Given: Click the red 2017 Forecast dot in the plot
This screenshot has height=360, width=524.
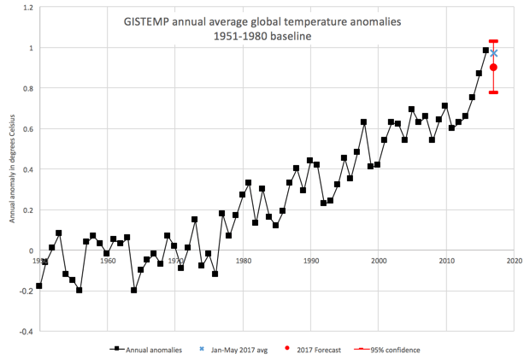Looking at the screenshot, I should (493, 68).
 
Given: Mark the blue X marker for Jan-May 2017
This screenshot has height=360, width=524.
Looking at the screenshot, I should (493, 54).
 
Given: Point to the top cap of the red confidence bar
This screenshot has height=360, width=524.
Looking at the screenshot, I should (493, 41).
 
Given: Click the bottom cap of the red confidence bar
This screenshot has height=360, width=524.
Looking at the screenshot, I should (493, 92).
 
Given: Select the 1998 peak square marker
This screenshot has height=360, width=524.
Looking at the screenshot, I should (364, 122).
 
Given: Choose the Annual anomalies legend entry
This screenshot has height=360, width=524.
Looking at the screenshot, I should (149, 349).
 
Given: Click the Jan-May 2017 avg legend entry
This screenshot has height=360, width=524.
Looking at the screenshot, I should (243, 349).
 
